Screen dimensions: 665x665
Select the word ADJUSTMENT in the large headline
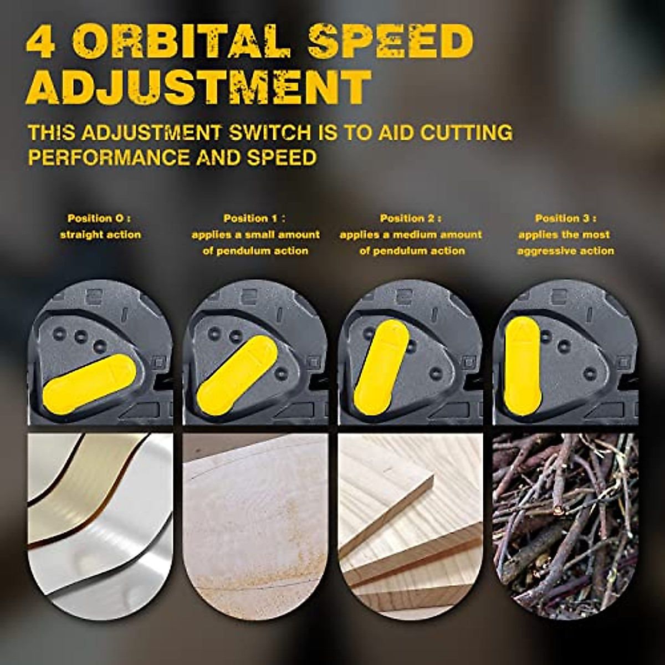[198, 88]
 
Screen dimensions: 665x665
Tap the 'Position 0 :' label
[100, 218]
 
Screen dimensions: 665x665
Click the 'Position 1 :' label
[255, 218]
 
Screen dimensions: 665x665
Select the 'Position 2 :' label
[411, 218]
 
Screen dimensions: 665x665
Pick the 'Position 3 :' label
[565, 218]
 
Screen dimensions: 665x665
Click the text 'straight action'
[100, 234]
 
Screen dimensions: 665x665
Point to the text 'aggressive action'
[565, 251]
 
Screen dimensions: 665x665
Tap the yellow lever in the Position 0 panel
[89, 383]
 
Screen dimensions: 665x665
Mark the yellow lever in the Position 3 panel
[522, 366]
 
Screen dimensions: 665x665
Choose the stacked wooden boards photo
[411, 521]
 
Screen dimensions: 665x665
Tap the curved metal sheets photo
[100, 521]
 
